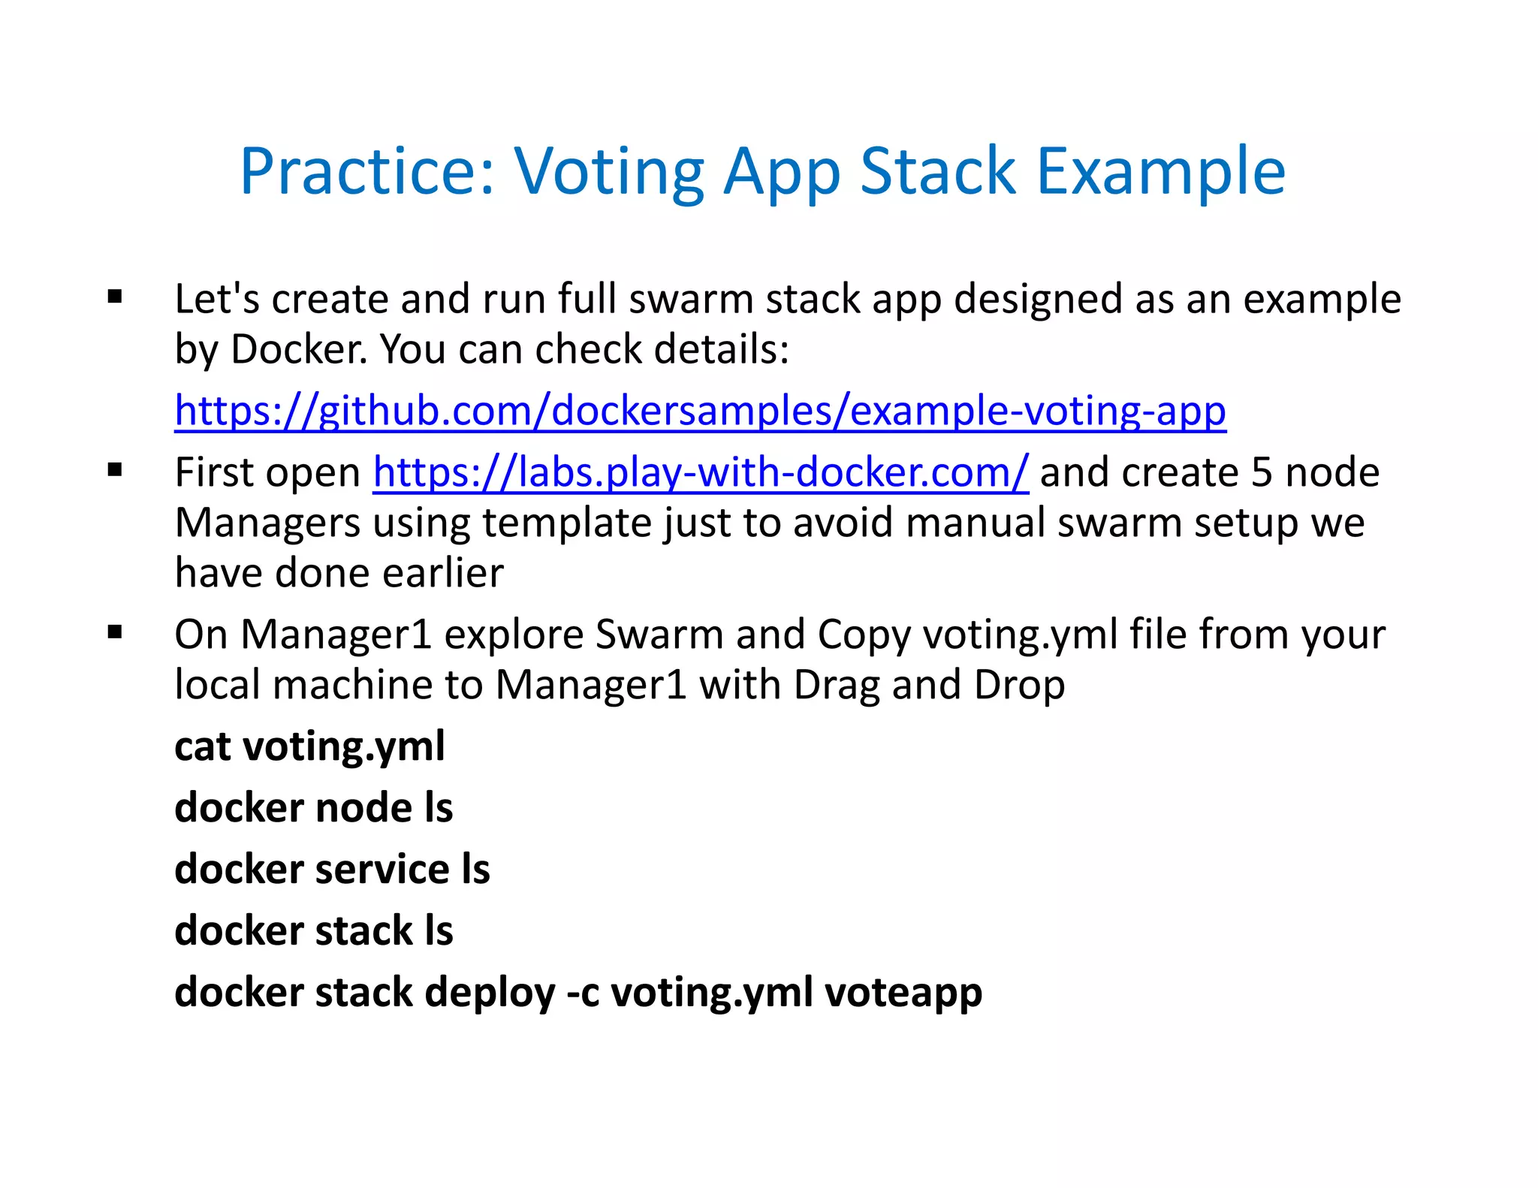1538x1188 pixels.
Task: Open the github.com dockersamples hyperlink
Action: click(700, 412)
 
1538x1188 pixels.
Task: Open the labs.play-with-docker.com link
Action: click(700, 473)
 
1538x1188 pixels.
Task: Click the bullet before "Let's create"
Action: click(115, 297)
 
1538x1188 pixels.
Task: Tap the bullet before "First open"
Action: click(115, 471)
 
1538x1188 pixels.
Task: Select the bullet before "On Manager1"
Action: click(115, 632)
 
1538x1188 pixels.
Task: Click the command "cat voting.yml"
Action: click(309, 746)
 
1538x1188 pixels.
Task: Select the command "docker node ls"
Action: click(313, 808)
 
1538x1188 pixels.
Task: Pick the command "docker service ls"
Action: click(332, 870)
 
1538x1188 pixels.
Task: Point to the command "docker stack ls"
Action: click(313, 931)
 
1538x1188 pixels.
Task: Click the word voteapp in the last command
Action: click(903, 994)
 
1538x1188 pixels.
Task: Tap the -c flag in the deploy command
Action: click(583, 994)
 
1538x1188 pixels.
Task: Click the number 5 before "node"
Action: click(1262, 473)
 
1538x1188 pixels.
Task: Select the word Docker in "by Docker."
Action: click(299, 350)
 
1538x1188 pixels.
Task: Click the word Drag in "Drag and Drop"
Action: click(836, 685)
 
